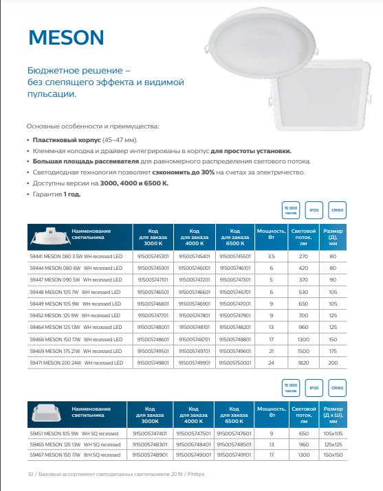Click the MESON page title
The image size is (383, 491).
(66, 38)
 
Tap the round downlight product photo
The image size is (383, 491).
(262, 43)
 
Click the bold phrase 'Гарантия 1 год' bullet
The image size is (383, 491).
(56, 194)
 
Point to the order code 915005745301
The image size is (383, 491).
(153, 256)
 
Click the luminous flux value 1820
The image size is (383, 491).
(303, 363)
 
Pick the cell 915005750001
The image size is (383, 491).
(235, 363)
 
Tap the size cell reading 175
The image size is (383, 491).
(333, 351)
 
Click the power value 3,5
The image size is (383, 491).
(271, 256)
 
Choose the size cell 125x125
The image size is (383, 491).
(333, 444)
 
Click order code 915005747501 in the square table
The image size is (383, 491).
(193, 433)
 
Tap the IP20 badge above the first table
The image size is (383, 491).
(314, 210)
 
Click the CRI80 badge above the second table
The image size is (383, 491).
(337, 388)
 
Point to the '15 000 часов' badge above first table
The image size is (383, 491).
(291, 210)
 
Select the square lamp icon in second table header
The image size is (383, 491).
(46, 413)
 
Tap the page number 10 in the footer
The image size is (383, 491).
(30, 474)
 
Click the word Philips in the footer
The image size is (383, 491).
(196, 474)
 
